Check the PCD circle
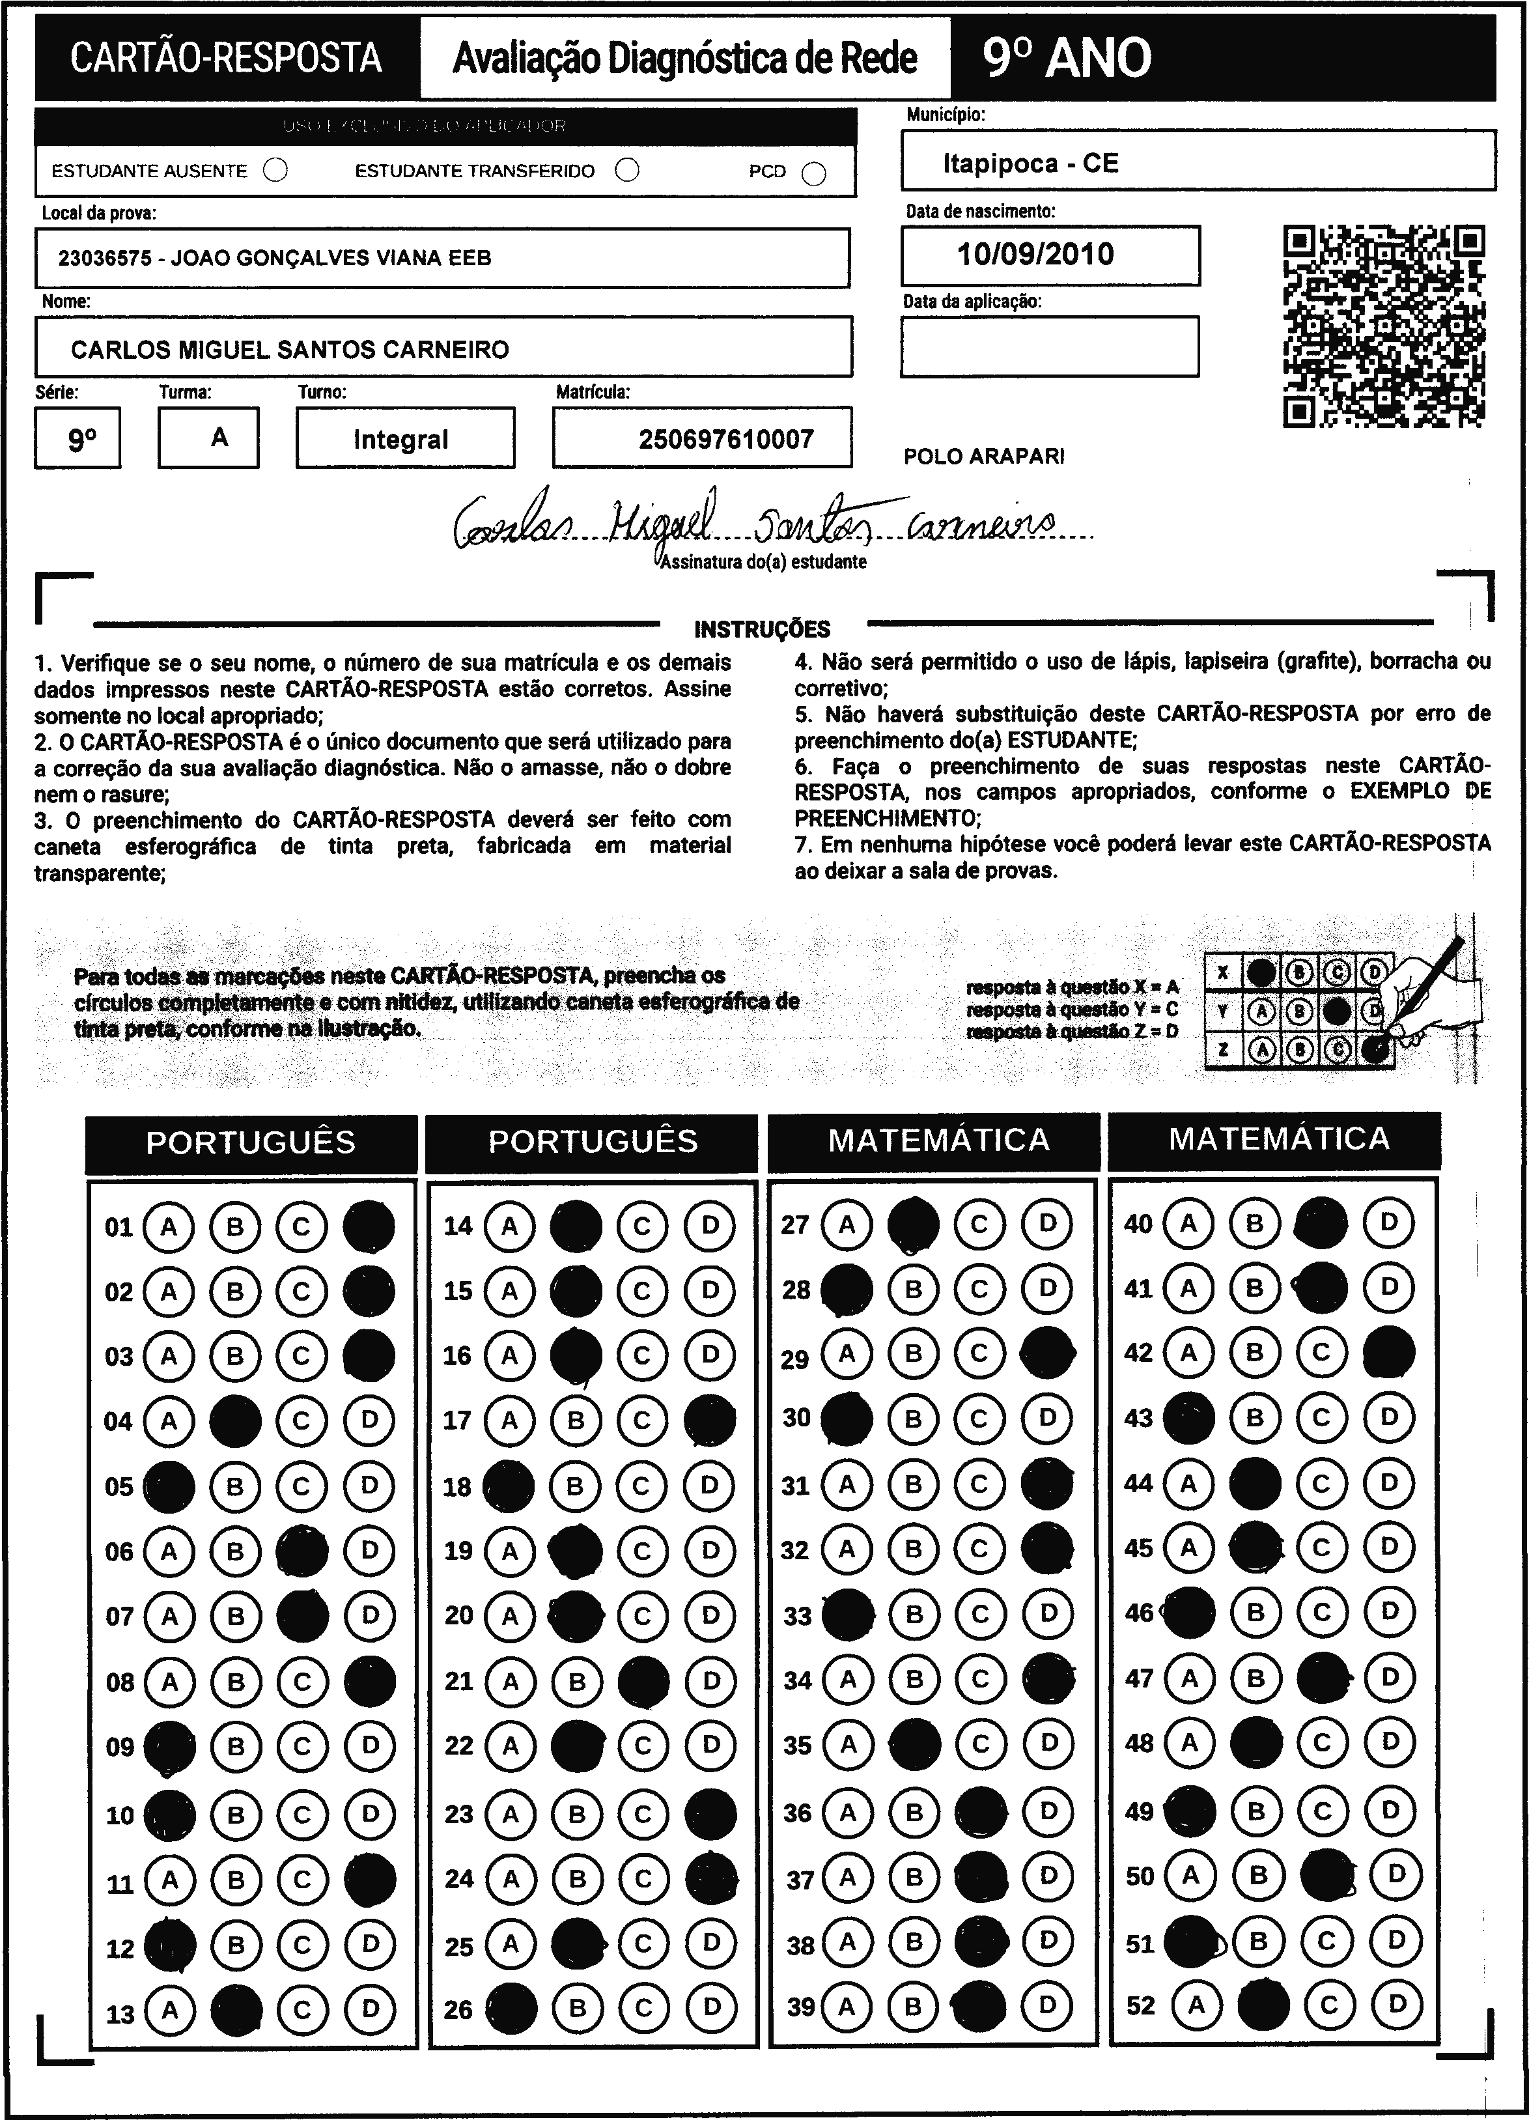tap(814, 174)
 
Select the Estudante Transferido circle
tap(627, 170)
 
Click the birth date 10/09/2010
tap(1035, 254)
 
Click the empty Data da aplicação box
tap(1048, 346)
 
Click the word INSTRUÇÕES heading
tap(762, 629)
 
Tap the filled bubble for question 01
tap(369, 1226)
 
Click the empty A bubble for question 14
tap(509, 1226)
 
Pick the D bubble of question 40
tap(1389, 1222)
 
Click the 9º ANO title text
tap(1067, 58)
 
